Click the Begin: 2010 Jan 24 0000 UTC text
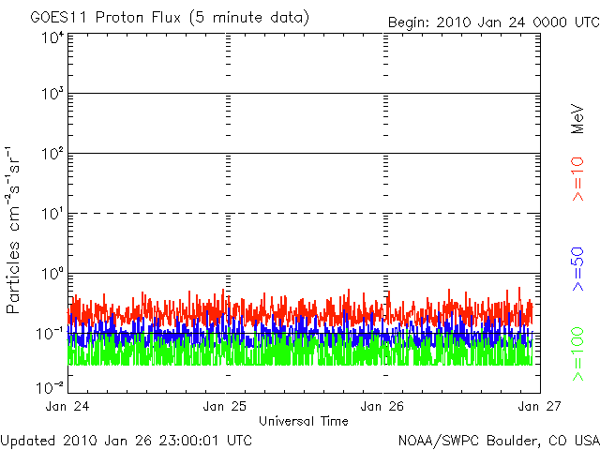click(x=492, y=22)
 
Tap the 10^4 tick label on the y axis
click(x=52, y=38)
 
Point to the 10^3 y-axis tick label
click(x=52, y=95)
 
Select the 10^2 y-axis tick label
click(x=52, y=155)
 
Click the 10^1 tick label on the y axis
click(x=52, y=215)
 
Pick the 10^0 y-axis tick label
click(x=52, y=275)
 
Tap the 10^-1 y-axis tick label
click(x=51, y=334)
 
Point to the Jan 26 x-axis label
click(x=383, y=406)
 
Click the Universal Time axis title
click(x=304, y=421)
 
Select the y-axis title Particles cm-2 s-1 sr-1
click(x=16, y=230)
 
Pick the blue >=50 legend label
click(x=578, y=267)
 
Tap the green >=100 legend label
click(x=578, y=353)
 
